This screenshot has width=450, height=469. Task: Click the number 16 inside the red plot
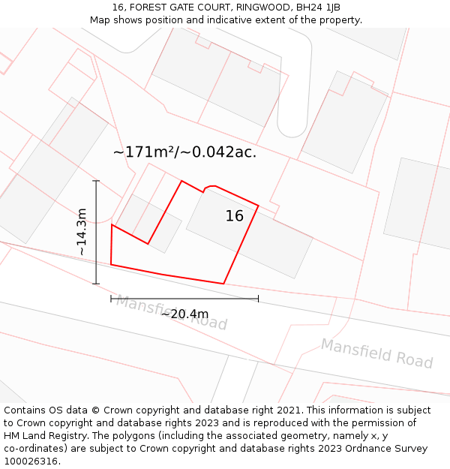coord(234,216)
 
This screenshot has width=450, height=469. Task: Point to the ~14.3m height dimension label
coord(82,232)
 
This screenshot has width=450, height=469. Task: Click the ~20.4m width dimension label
coord(184,314)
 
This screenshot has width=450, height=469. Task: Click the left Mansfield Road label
coord(171,313)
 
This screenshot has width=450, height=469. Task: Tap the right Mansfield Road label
coord(376,353)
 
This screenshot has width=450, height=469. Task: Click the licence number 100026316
coord(31,461)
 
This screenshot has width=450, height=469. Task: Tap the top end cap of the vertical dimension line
coord(96,181)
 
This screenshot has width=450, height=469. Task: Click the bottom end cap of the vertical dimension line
coord(96,284)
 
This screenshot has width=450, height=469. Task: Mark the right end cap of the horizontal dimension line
coord(258,299)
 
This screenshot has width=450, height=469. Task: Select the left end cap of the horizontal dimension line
coord(111,299)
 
